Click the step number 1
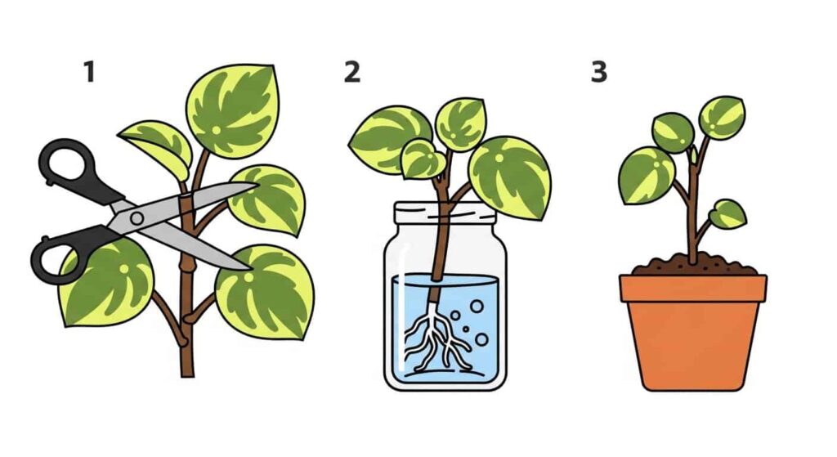(x=89, y=72)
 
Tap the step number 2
(x=351, y=72)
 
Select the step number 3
(x=599, y=72)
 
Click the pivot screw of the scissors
(x=137, y=217)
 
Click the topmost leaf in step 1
(x=234, y=110)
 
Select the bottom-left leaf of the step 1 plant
(x=106, y=282)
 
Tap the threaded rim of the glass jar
(x=445, y=214)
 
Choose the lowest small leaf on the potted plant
(x=727, y=214)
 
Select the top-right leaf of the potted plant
(x=722, y=118)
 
